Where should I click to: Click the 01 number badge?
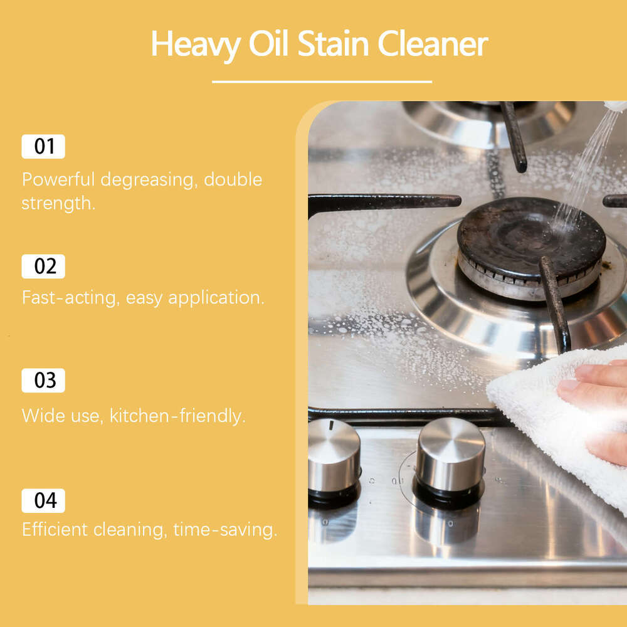tap(43, 147)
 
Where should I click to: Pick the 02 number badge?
tap(43, 266)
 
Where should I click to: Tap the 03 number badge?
tap(43, 381)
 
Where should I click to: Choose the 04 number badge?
tap(43, 501)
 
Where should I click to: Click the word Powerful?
tap(58, 179)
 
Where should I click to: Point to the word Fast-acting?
tap(70, 297)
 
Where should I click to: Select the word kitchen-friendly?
tap(177, 415)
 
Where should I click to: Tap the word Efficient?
tap(55, 530)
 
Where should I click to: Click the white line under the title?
tap(322, 82)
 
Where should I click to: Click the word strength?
tap(57, 203)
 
